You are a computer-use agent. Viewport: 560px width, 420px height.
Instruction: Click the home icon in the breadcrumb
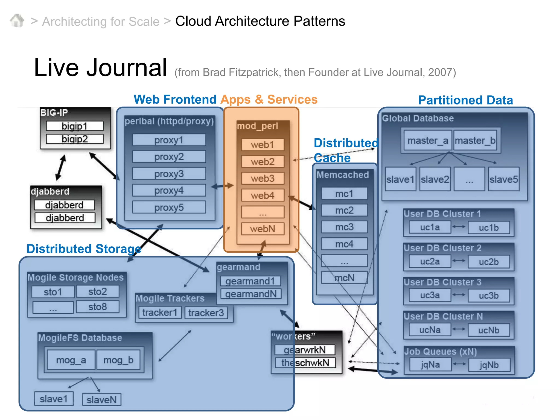(17, 21)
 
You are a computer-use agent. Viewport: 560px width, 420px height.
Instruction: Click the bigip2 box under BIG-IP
(75, 139)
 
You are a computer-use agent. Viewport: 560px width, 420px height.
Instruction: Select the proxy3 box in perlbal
(169, 174)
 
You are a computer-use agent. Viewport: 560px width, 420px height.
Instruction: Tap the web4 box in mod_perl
(262, 195)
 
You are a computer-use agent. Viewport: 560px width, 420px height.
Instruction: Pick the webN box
(262, 229)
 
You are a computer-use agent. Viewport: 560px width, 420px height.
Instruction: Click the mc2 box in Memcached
(344, 210)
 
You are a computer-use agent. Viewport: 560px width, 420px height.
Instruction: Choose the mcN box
(344, 278)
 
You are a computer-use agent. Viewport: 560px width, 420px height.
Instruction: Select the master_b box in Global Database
(475, 141)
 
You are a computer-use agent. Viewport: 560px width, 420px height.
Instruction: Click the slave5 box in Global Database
(504, 179)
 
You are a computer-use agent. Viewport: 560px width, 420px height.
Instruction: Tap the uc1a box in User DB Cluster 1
(430, 227)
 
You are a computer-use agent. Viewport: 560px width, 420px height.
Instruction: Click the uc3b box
(489, 296)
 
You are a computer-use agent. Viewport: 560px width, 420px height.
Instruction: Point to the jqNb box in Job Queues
(489, 365)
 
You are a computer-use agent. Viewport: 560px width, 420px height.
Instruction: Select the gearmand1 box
(250, 281)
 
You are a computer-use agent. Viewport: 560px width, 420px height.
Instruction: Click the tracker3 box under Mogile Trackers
(206, 313)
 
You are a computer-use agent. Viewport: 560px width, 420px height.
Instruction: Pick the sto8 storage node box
(98, 307)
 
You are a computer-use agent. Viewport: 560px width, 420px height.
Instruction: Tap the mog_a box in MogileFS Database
(71, 360)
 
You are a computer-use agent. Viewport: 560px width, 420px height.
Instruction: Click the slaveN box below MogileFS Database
(102, 400)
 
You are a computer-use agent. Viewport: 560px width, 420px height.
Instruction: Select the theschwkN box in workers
(305, 363)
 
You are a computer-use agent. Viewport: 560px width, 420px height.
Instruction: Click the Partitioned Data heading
(465, 100)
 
